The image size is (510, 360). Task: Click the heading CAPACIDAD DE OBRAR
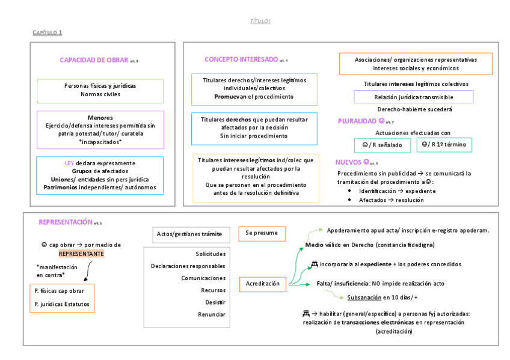click(94, 59)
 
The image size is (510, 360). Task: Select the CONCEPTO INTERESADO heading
click(241, 59)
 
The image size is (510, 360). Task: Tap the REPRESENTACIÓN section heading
click(66, 222)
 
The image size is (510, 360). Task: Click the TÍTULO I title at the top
click(260, 21)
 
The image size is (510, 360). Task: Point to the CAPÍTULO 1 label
click(48, 32)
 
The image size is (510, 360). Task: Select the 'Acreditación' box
click(263, 283)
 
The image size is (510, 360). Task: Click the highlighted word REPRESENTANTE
click(81, 254)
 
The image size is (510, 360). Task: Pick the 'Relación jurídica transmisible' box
click(413, 97)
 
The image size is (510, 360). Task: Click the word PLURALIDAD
click(357, 121)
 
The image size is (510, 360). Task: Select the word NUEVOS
click(349, 162)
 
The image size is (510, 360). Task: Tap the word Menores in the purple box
click(100, 118)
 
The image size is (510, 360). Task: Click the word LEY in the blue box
click(69, 163)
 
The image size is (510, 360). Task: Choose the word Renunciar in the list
click(212, 314)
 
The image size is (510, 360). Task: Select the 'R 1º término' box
click(444, 145)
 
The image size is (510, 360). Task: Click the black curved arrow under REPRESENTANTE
click(87, 273)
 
